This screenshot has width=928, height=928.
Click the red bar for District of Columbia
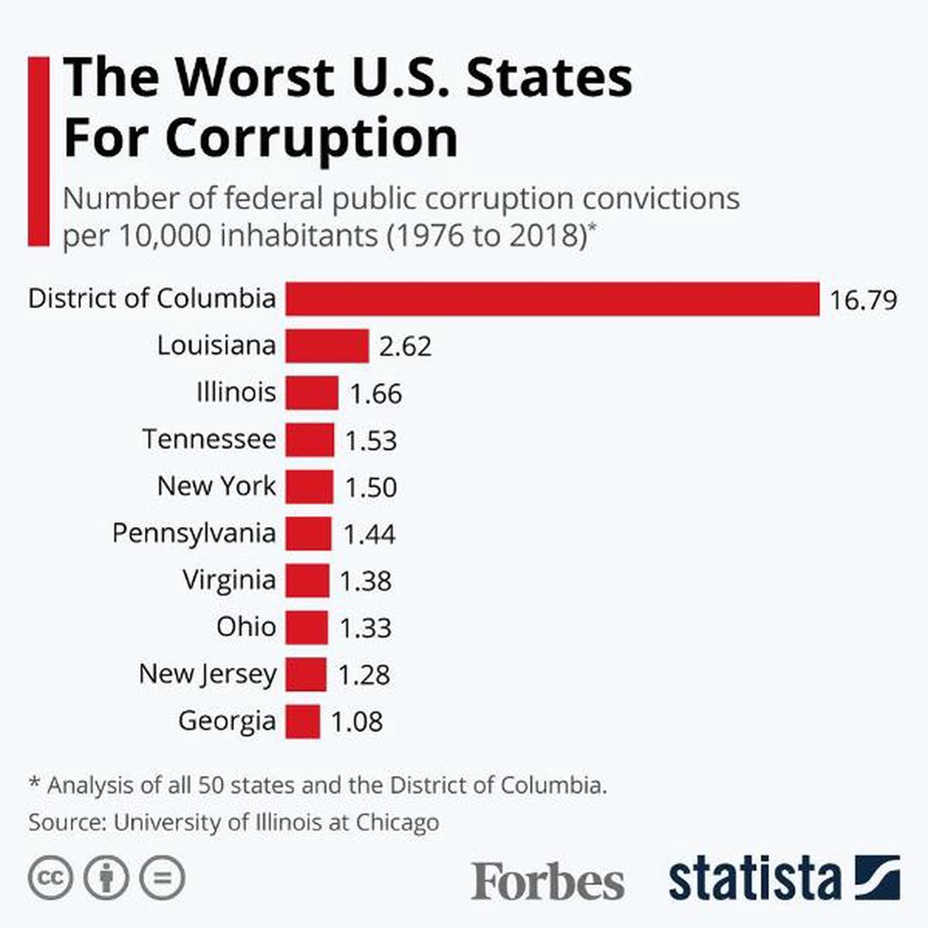[x=552, y=298]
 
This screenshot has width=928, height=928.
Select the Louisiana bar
[x=327, y=345]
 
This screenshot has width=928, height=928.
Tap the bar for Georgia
[x=303, y=721]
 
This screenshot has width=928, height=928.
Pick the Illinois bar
[x=312, y=393]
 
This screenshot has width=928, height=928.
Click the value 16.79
[x=863, y=300]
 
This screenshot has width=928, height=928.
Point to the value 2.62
[x=405, y=346]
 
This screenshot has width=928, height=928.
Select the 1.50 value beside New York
[x=371, y=487]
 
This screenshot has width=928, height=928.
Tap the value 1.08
[x=357, y=722]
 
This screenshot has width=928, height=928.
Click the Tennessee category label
[x=209, y=439]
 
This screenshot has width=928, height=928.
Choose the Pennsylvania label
[x=193, y=533]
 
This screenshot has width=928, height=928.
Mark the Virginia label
[x=229, y=580]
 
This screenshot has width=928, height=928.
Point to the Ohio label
[x=246, y=627]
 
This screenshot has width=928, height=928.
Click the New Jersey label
[x=208, y=674]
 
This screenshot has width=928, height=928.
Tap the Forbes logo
[x=547, y=881]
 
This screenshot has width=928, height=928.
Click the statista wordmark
[x=754, y=879]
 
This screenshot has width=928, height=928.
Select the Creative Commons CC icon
[x=50, y=878]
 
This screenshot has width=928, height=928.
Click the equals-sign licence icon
[x=163, y=878]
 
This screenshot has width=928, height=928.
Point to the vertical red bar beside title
[x=39, y=151]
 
